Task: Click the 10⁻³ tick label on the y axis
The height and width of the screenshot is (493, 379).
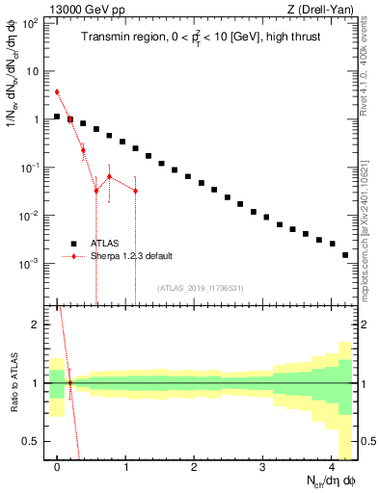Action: pos(30,263)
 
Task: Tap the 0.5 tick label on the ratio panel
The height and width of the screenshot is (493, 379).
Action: pos(30,441)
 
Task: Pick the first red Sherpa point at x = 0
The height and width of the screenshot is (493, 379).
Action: pos(57,92)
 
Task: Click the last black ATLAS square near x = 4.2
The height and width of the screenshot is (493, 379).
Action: pos(345,255)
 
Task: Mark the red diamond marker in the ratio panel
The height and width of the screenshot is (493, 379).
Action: pos(69,383)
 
